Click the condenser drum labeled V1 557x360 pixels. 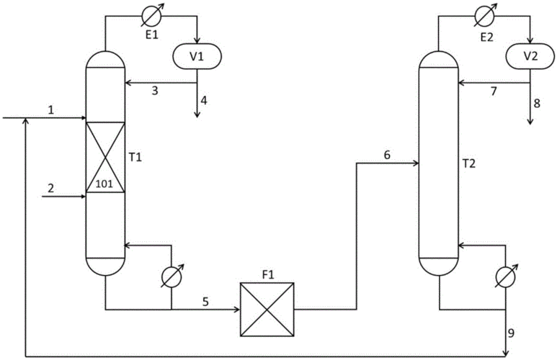197,56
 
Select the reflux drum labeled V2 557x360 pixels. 530,56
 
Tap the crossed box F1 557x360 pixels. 267,309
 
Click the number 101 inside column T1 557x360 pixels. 104,184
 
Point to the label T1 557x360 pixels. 135,157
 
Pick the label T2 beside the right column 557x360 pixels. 468,163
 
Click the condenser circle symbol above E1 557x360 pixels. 151,15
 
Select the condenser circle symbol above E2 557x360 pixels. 485,15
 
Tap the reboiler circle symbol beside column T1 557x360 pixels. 171,276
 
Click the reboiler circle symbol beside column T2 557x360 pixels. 506,276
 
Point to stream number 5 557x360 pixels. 205,302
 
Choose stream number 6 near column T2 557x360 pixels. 387,155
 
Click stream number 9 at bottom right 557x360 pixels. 511,333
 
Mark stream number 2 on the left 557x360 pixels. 51,188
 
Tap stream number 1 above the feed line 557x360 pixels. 51,109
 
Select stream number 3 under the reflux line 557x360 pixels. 155,91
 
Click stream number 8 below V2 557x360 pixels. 537,103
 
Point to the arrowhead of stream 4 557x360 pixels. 197,114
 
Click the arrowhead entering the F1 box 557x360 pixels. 236,310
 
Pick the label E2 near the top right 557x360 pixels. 486,37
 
